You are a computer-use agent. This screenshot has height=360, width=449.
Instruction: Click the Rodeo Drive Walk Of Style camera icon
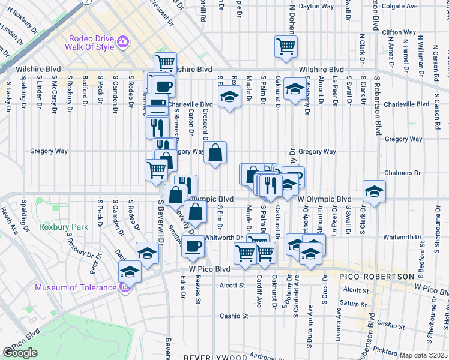[x=123, y=41]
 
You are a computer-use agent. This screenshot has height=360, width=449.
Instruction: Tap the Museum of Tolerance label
[x=75, y=287]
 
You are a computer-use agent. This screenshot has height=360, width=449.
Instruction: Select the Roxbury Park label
[x=64, y=227]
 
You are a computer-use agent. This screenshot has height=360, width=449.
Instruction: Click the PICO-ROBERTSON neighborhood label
[x=376, y=277]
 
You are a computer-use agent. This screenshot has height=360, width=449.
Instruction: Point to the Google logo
[x=20, y=353]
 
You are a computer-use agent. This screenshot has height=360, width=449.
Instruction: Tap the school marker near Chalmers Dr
[x=374, y=191]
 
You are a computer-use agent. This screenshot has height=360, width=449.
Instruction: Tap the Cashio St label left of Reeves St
[x=233, y=316]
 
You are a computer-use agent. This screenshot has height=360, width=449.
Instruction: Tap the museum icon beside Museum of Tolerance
[x=125, y=287]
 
